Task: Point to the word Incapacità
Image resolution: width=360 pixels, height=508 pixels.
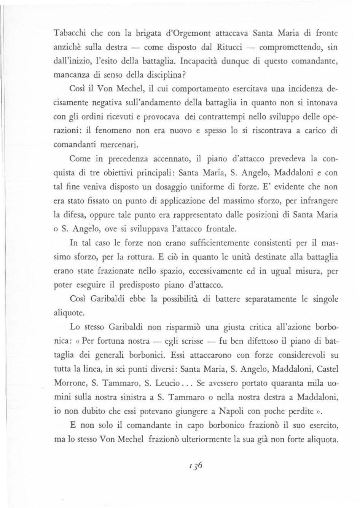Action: [x=200, y=61]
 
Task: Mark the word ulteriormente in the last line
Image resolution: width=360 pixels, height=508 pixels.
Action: [x=204, y=440]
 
